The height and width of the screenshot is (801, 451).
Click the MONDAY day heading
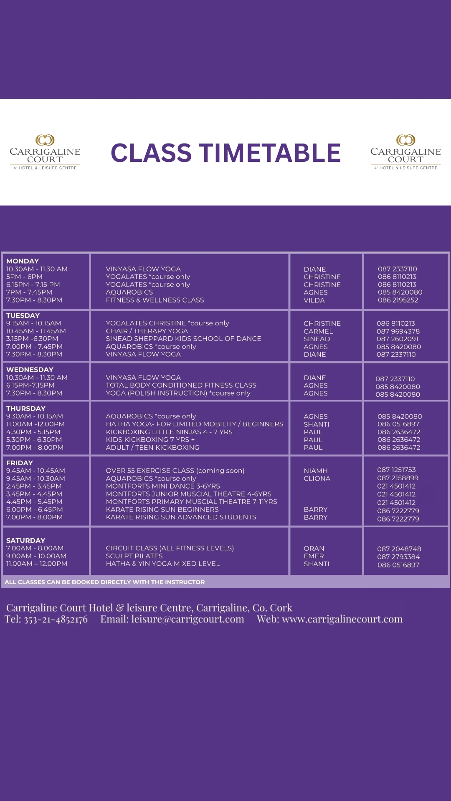click(23, 261)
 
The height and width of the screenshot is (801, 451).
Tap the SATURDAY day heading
click(25, 540)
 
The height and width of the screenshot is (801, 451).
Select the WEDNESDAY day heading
click(30, 370)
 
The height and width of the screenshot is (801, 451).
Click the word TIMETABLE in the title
click(269, 153)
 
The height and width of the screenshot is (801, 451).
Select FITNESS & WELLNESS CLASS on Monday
click(155, 300)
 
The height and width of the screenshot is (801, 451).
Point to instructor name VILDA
click(314, 300)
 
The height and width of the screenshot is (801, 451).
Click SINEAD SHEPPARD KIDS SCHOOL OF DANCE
click(183, 339)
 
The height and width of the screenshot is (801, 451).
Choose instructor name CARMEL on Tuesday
click(318, 331)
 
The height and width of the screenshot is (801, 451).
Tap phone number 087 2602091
click(397, 339)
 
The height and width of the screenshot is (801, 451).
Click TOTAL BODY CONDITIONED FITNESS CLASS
click(181, 385)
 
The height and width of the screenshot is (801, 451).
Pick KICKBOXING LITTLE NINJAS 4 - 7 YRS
click(169, 432)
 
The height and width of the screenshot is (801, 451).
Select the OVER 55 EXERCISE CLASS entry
click(175, 471)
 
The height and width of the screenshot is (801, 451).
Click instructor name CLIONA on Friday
click(317, 479)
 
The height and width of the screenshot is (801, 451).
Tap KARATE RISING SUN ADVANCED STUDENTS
click(181, 517)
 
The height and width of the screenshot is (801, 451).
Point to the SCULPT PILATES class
click(134, 556)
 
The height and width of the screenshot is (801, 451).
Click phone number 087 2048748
click(399, 549)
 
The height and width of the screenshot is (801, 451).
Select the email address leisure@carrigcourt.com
click(187, 619)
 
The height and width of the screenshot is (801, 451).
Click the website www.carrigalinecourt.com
click(342, 619)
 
